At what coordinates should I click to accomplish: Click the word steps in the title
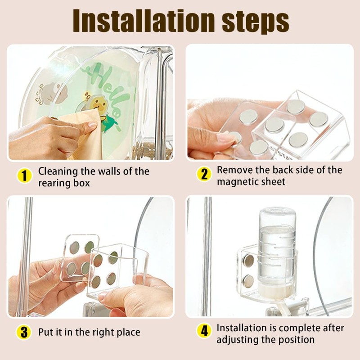click(x=256, y=22)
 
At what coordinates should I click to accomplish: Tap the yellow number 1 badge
click(x=24, y=176)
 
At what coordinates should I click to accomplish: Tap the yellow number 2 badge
click(x=204, y=174)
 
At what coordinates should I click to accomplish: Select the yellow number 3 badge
click(x=24, y=333)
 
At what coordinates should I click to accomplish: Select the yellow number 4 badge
click(x=204, y=331)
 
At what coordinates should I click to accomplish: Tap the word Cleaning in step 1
click(x=58, y=172)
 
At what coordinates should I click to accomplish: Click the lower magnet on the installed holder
click(x=248, y=281)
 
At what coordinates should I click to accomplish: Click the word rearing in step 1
click(x=54, y=184)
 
